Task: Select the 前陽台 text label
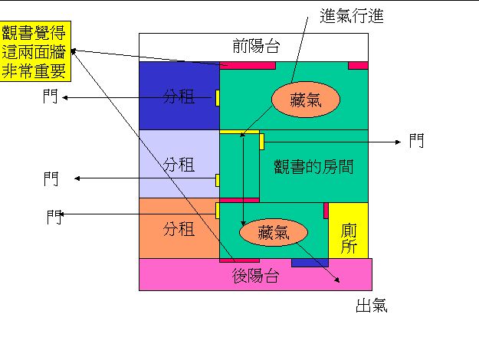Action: (x=255, y=46)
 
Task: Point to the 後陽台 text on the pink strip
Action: (x=255, y=277)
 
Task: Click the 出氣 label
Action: (x=371, y=306)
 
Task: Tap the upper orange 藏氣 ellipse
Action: (x=304, y=100)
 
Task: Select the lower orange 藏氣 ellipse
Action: (x=273, y=232)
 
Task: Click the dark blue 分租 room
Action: (x=179, y=96)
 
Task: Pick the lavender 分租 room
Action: (x=179, y=164)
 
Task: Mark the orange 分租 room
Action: (x=179, y=228)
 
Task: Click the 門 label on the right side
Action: (x=415, y=141)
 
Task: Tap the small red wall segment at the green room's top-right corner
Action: (x=358, y=65)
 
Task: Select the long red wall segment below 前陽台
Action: (x=247, y=65)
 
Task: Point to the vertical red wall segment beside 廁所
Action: (x=326, y=210)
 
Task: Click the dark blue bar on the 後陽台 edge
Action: (x=310, y=263)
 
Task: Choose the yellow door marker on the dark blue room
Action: (x=218, y=97)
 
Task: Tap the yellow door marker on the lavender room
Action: (x=218, y=180)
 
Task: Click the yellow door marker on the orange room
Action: (x=218, y=210)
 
